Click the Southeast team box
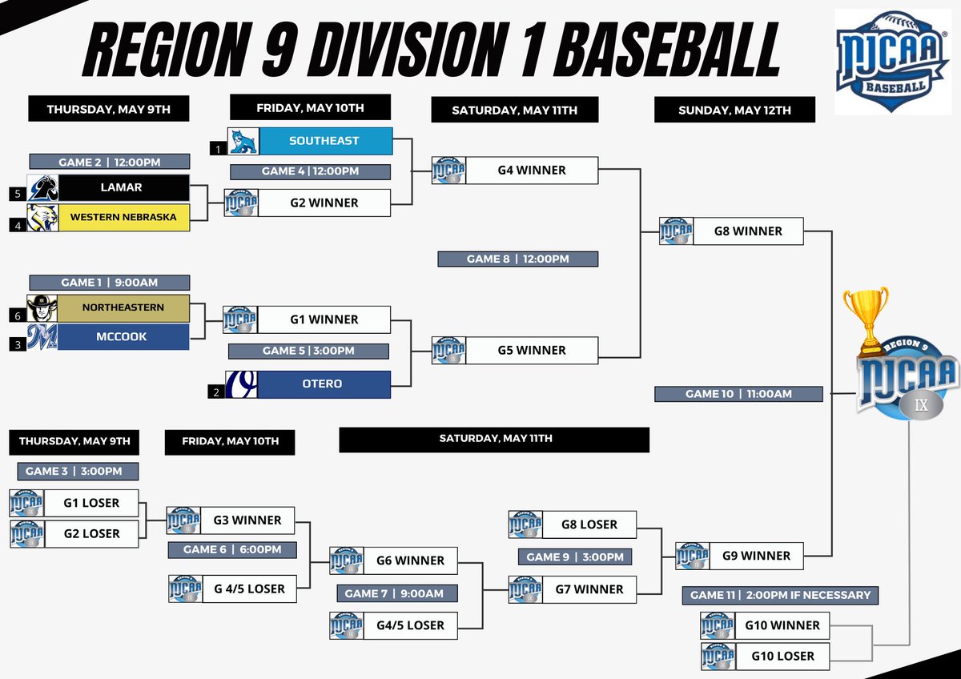324,141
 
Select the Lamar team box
123,187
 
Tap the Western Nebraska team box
123,217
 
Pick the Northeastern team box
123,307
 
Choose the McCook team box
123,337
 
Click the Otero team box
322,384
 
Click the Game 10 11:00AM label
738,394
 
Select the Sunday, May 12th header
734,110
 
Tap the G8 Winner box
747,231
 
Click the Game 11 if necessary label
780,596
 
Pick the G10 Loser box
782,656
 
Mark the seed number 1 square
215,148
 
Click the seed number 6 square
18,316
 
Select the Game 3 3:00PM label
77,472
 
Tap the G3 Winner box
247,520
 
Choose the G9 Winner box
755,556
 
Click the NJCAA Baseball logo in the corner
893,61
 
